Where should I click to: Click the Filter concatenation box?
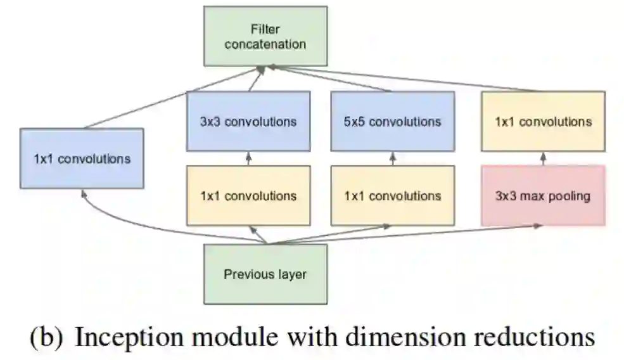click(x=265, y=36)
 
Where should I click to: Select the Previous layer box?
click(x=265, y=274)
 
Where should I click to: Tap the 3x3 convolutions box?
click(x=248, y=121)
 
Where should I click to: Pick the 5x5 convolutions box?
click(x=392, y=121)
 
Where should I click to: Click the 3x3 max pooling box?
click(x=543, y=196)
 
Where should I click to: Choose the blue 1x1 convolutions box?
click(x=82, y=158)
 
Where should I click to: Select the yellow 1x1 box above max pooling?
click(x=543, y=121)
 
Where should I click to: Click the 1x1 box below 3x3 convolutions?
click(x=248, y=196)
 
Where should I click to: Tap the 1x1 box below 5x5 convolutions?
click(x=392, y=196)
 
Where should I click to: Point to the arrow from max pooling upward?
click(x=543, y=158)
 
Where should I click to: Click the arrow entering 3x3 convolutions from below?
click(x=248, y=158)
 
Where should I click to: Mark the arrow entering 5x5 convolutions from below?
click(x=392, y=158)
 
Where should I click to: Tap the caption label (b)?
click(x=46, y=337)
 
